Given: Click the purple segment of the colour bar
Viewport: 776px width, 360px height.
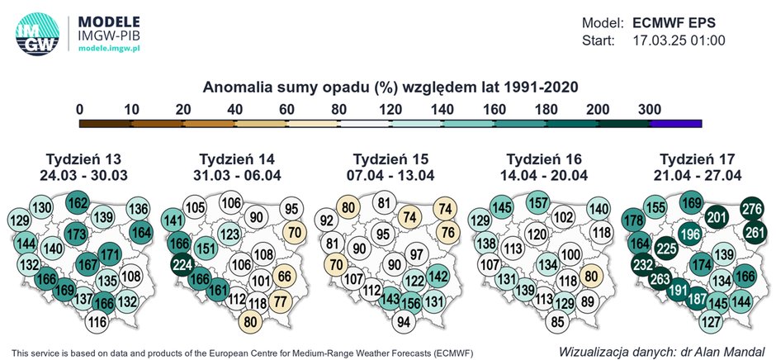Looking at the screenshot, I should tap(675, 123).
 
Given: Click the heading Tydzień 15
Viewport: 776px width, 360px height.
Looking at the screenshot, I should tap(391, 159).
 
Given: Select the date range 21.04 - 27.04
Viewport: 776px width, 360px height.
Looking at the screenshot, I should tap(698, 175).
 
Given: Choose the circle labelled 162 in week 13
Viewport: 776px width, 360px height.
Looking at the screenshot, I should tap(78, 203).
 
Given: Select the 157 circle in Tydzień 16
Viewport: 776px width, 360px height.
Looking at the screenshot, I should tap(538, 203).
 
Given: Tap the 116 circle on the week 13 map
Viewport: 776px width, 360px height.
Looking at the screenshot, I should tap(97, 321).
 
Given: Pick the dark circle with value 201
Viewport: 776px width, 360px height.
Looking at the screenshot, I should tap(717, 217).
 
